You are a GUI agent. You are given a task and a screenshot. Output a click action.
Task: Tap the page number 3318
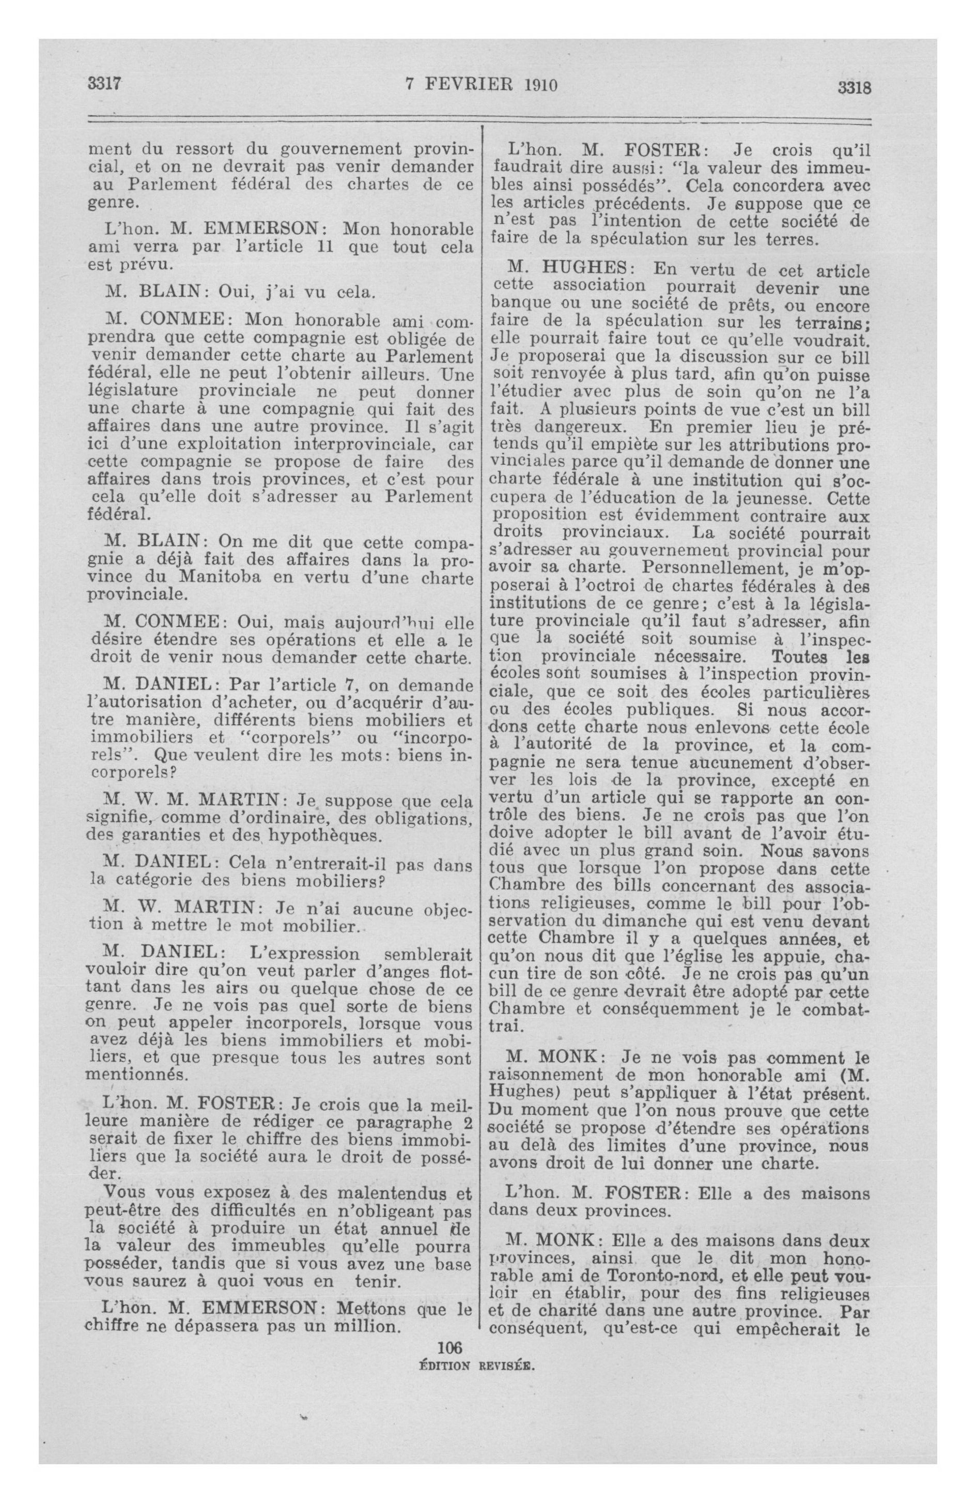(x=854, y=88)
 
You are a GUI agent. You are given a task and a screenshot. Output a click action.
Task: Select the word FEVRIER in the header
(x=466, y=85)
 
